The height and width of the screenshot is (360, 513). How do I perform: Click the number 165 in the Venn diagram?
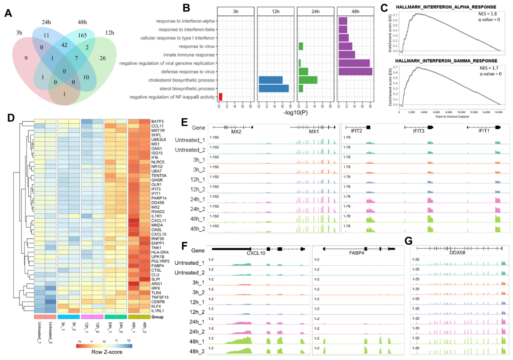(x=82, y=35)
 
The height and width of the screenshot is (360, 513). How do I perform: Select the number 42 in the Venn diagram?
(x=64, y=45)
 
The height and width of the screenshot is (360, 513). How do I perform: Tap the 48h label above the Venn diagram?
(x=82, y=22)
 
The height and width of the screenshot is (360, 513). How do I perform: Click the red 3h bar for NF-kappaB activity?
(x=220, y=97)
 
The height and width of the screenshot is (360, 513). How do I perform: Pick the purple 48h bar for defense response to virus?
(x=355, y=71)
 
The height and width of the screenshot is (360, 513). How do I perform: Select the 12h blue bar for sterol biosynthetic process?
(x=274, y=88)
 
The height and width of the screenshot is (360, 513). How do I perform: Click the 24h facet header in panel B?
(x=315, y=11)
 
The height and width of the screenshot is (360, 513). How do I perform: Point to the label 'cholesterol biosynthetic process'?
(x=181, y=80)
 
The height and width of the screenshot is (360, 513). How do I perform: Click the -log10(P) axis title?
(x=295, y=112)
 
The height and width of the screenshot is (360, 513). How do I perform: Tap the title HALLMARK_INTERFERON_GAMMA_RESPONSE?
(x=446, y=61)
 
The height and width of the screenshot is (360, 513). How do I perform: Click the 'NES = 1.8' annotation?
(x=487, y=14)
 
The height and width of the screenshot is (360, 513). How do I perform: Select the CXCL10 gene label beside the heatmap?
(x=158, y=234)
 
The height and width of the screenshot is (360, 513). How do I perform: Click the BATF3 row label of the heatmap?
(x=157, y=122)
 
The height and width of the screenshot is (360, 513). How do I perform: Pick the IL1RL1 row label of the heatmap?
(x=158, y=311)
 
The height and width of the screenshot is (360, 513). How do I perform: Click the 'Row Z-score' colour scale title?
(x=107, y=352)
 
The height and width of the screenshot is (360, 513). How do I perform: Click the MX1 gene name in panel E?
(x=314, y=132)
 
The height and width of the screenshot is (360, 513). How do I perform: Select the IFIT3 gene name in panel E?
(x=418, y=131)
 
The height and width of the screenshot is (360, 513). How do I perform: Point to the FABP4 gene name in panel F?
(x=357, y=253)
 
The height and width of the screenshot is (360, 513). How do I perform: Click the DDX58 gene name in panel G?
(x=457, y=253)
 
